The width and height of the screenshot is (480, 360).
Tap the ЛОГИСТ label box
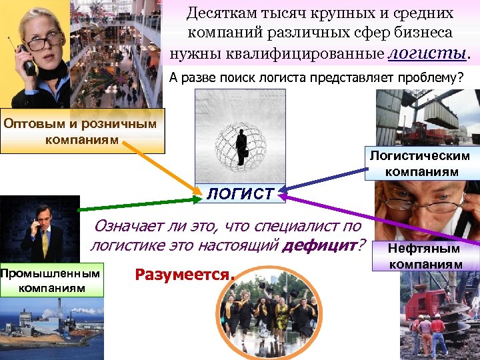(240, 194)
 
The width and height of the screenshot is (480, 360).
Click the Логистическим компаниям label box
(420, 164)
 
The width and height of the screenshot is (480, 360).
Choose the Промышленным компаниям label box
(51, 280)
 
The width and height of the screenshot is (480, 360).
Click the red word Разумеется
(185, 274)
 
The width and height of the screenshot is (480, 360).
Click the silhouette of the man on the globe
(241, 145)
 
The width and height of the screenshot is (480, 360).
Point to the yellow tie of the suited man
(45, 244)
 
